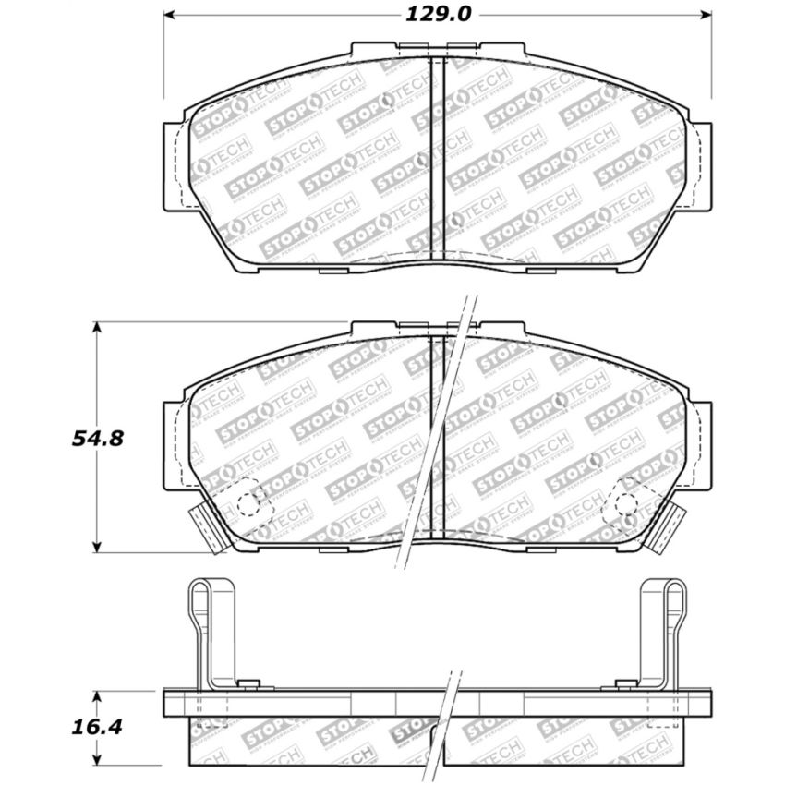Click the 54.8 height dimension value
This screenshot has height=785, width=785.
point(98,439)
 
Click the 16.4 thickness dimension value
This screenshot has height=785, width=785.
point(98,726)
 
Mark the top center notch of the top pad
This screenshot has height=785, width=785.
point(439,49)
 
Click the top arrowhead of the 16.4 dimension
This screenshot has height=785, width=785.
point(98,693)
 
